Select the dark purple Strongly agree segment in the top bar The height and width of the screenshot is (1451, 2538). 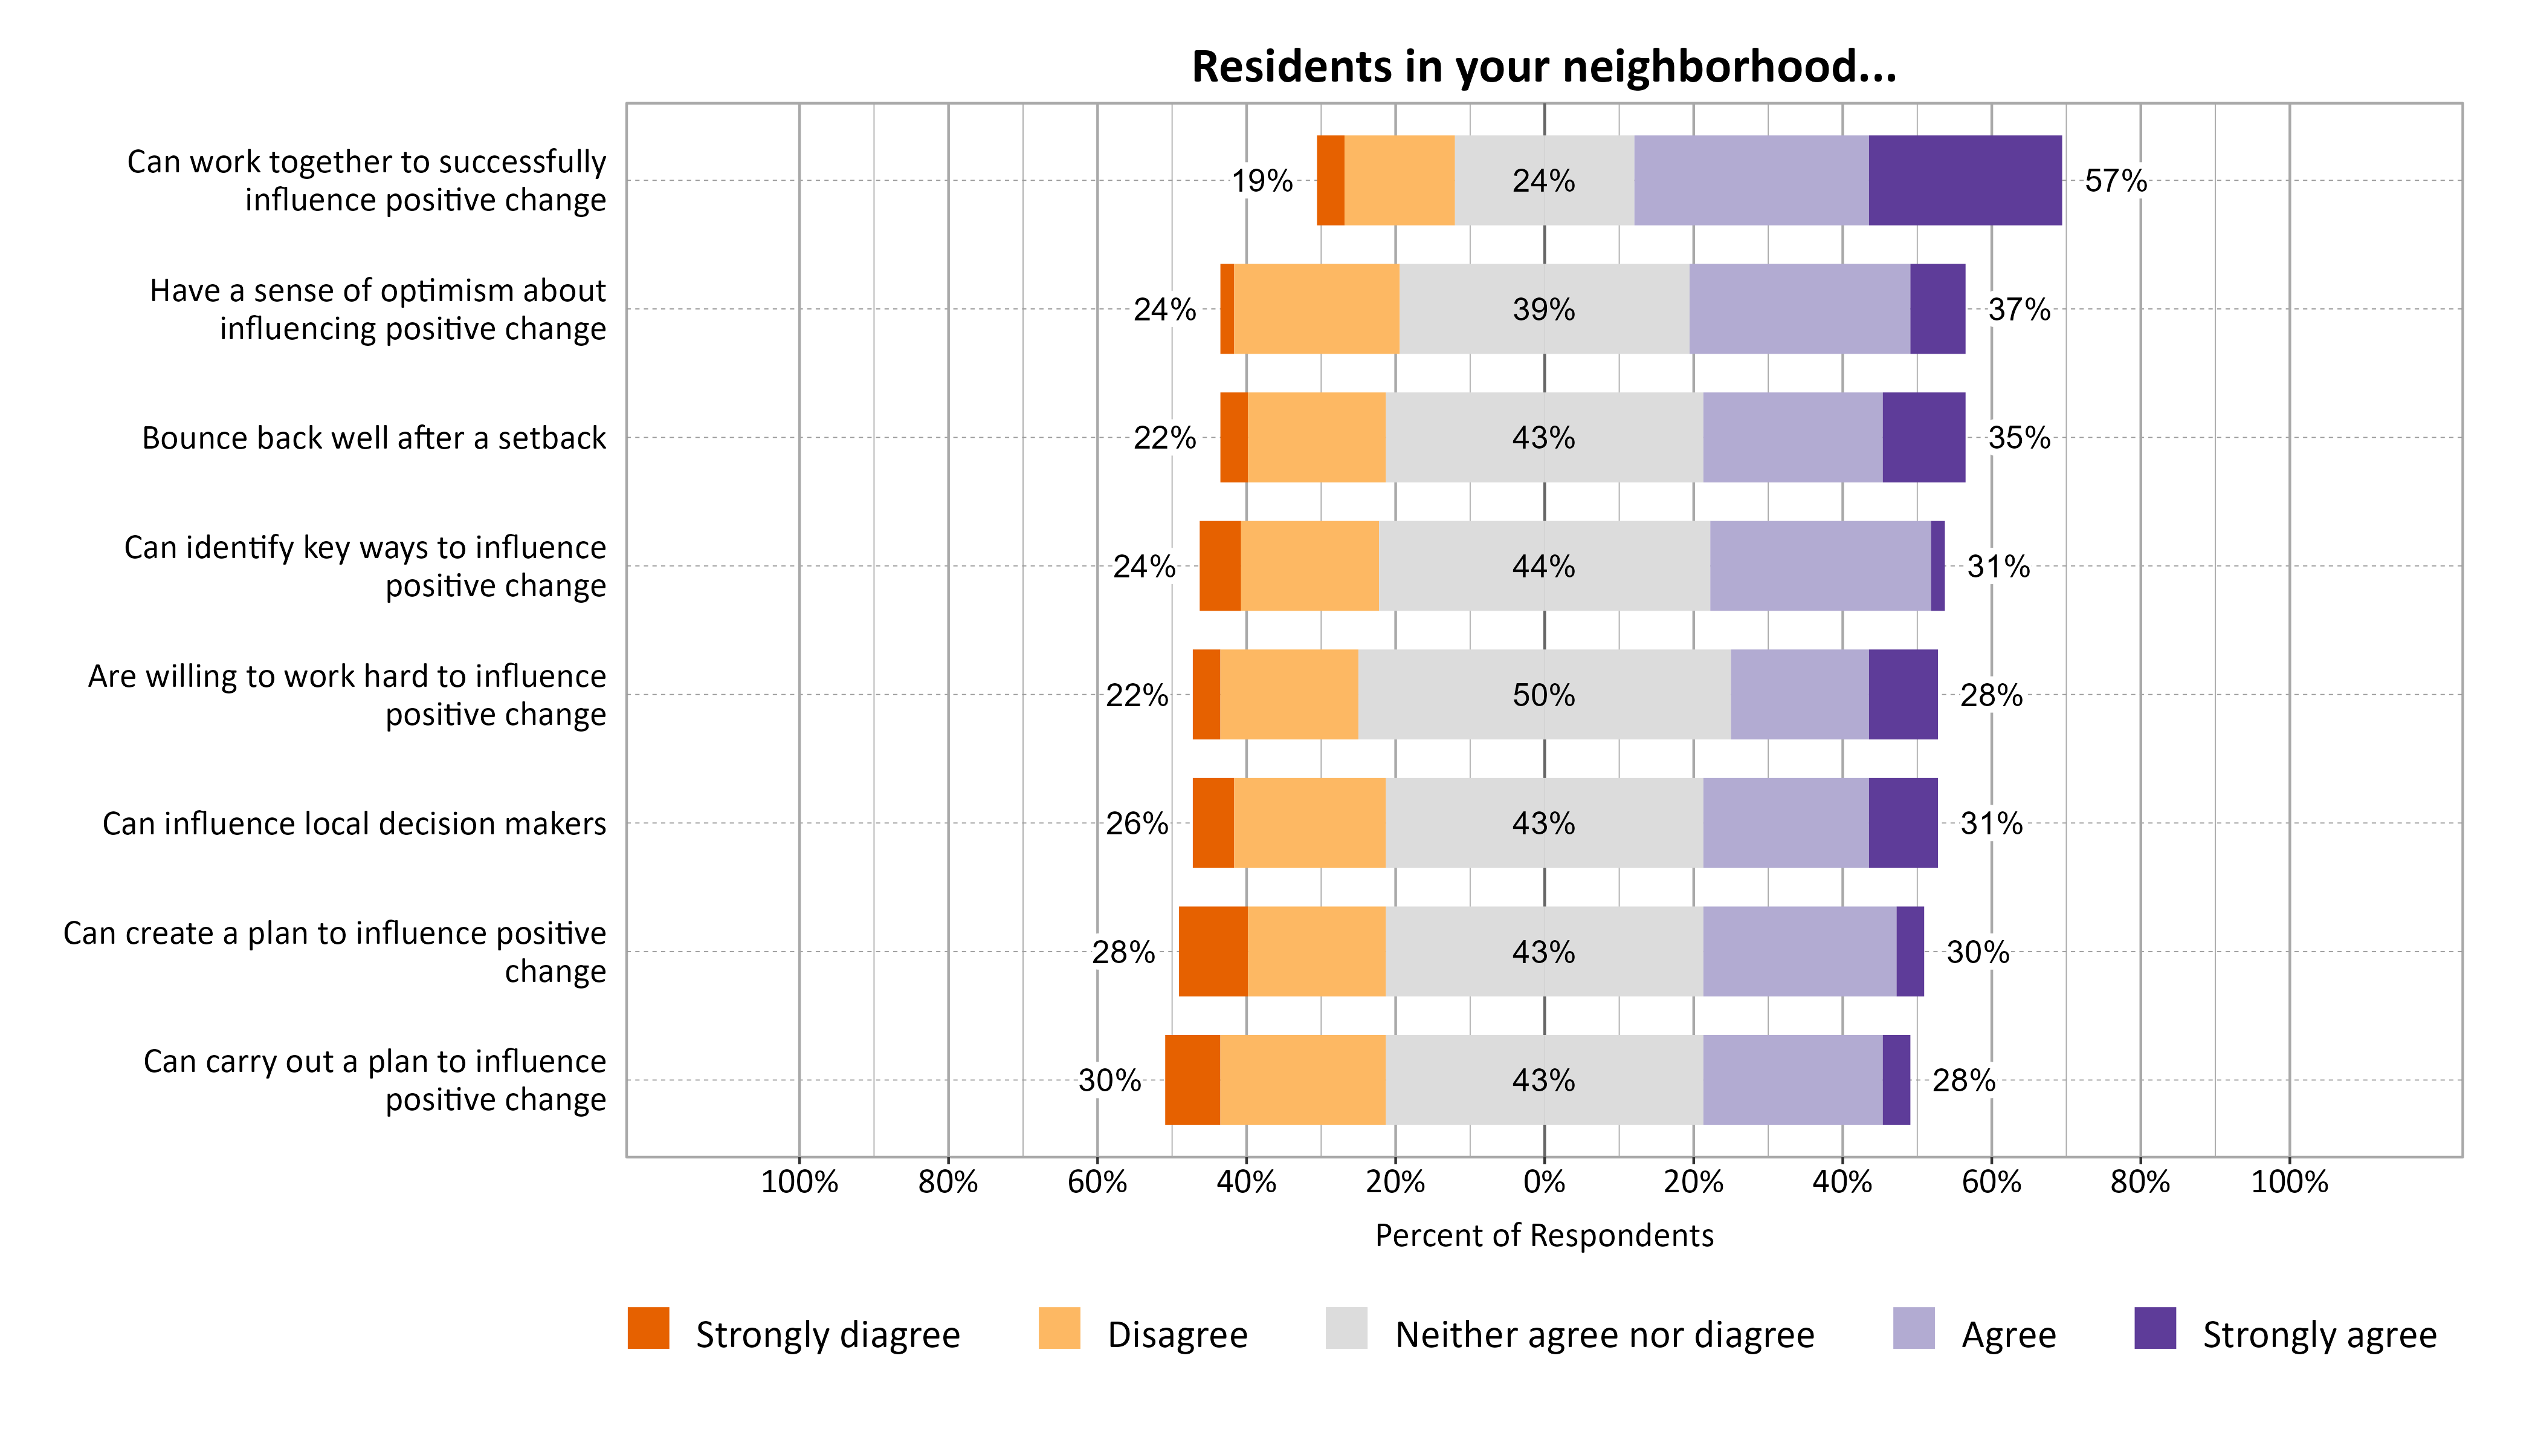pyautogui.click(x=1965, y=180)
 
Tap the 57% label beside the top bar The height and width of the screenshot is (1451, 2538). pyautogui.click(x=2116, y=180)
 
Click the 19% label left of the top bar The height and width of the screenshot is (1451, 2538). pyautogui.click(x=1262, y=180)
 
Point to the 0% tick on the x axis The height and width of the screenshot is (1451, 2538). pyautogui.click(x=1544, y=1182)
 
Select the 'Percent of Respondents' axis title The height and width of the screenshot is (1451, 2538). pyautogui.click(x=1544, y=1236)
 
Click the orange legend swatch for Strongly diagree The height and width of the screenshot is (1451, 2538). pyautogui.click(x=648, y=1328)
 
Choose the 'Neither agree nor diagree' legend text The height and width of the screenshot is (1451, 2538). pyautogui.click(x=1604, y=1334)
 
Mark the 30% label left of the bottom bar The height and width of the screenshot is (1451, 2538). pyautogui.click(x=1109, y=1080)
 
